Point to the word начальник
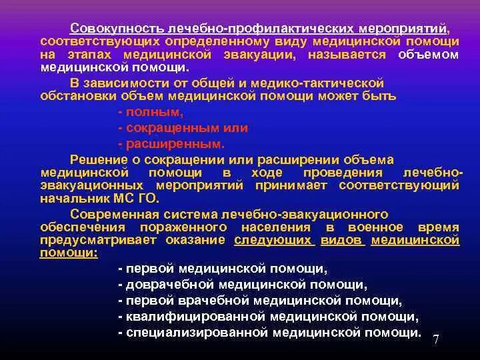71,198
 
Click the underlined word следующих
273,241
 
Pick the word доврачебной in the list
170,285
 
